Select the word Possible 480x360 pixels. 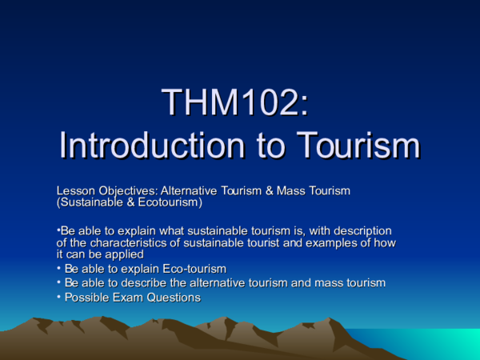[x=86, y=298]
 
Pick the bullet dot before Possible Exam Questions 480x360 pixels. [x=58, y=297]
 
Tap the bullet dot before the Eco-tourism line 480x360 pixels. [x=58, y=268]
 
